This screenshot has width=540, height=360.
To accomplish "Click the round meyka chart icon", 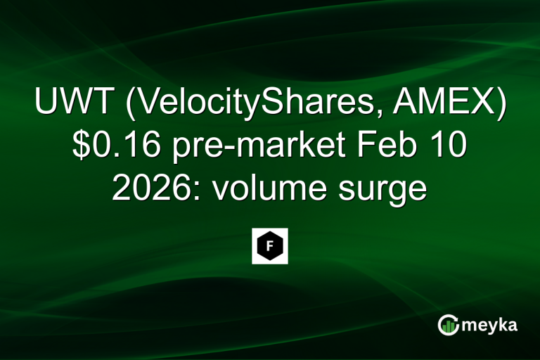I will [449, 325].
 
